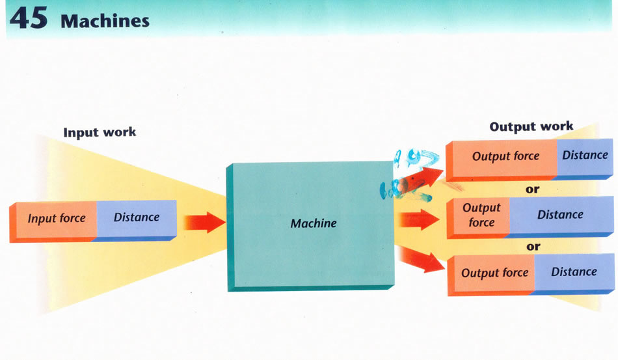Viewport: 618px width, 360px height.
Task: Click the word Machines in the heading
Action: coord(105,21)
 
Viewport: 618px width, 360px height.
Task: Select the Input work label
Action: coord(100,132)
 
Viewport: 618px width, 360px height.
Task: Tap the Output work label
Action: coord(531,126)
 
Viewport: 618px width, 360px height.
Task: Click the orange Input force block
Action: coord(56,218)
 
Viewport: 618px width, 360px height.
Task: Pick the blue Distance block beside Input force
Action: coord(136,217)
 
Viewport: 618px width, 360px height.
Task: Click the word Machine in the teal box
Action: coord(313,223)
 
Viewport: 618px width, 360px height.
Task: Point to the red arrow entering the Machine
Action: coord(204,222)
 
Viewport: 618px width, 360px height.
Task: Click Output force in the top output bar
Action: coord(505,156)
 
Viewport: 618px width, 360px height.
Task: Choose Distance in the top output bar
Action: coord(585,155)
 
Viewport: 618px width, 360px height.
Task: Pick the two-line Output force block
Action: coord(481,215)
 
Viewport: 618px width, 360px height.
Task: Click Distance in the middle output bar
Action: coord(559,215)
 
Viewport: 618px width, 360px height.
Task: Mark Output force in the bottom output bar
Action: coord(494,273)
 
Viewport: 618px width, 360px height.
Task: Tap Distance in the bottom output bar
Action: coord(573,272)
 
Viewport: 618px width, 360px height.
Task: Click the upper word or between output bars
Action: coord(533,189)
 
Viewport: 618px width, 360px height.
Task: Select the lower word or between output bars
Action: coord(533,247)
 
